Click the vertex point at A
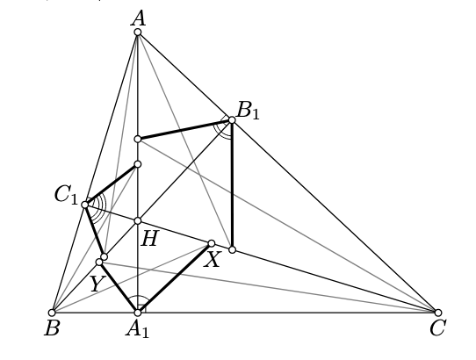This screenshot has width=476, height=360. (x=138, y=32)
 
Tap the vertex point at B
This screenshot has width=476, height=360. (x=52, y=313)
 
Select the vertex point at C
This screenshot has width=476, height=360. (x=437, y=313)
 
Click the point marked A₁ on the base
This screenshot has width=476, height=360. (x=138, y=313)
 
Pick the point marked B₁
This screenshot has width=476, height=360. (x=232, y=120)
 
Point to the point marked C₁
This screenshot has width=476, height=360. (x=85, y=205)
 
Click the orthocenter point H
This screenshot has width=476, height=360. (x=138, y=220)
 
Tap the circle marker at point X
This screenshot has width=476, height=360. (x=212, y=243)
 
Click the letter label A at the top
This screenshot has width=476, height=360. (x=138, y=18)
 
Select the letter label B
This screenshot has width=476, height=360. (x=52, y=328)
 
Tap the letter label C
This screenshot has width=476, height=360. (x=437, y=328)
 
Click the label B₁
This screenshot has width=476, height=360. (x=248, y=111)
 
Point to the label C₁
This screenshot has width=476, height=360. (x=66, y=195)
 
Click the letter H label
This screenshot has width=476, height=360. (x=149, y=239)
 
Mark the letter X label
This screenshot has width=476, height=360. (x=212, y=260)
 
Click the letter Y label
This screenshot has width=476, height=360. (x=96, y=284)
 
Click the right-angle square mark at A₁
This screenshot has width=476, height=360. (x=142, y=308)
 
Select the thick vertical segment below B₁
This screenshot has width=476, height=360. (x=232, y=185)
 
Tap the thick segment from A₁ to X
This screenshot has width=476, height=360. (x=175, y=277)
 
